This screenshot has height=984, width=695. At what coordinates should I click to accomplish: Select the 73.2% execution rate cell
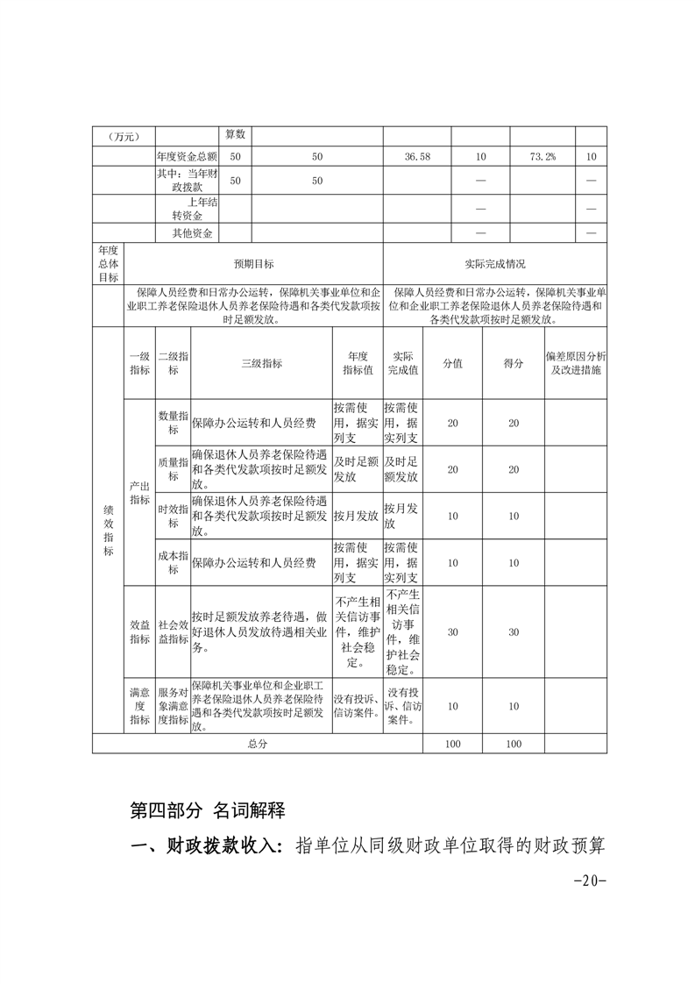(x=543, y=156)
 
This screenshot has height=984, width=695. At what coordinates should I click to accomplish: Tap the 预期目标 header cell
(x=253, y=263)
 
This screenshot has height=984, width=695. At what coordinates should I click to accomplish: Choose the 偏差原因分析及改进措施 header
(x=575, y=363)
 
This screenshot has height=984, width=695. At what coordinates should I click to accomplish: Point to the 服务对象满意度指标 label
(x=173, y=706)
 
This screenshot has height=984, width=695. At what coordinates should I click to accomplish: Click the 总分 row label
(x=257, y=744)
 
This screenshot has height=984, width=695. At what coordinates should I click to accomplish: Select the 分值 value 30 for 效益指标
(x=452, y=632)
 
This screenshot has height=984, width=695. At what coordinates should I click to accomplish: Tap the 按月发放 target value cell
(x=356, y=516)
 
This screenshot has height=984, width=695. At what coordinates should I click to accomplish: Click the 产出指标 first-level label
(x=139, y=492)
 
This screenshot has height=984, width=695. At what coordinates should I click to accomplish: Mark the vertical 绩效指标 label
(x=109, y=526)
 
